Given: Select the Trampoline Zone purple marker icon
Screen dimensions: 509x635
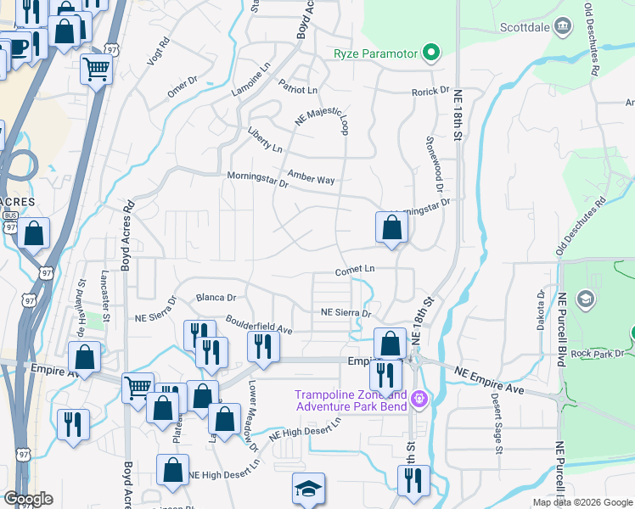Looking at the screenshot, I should (418, 397).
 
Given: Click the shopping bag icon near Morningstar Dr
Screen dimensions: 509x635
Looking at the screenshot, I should (391, 227).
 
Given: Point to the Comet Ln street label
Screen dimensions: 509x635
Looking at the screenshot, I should (354, 269).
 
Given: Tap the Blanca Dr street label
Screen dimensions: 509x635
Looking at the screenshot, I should (216, 298).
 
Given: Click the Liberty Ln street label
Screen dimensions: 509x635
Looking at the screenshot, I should (265, 141).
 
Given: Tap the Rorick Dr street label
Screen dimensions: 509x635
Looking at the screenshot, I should (430, 91).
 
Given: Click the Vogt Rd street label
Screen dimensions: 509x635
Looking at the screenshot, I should (158, 51).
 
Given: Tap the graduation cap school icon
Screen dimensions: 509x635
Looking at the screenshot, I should (308, 489).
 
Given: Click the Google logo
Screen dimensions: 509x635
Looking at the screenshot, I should (28, 499).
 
